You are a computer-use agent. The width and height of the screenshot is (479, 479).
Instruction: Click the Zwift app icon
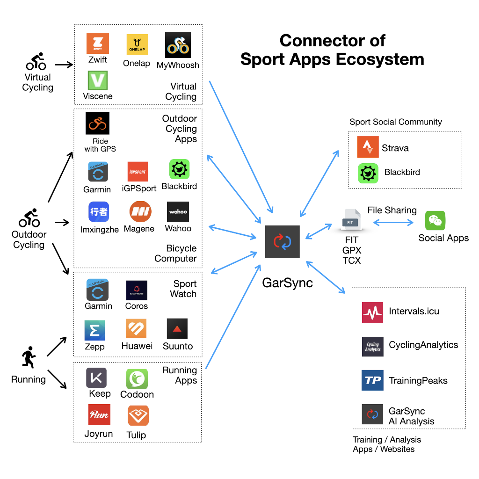98,44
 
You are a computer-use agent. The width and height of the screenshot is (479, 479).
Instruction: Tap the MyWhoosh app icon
178,45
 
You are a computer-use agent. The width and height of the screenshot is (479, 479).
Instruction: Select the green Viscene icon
98,80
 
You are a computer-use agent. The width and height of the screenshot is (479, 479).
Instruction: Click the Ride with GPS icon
97,123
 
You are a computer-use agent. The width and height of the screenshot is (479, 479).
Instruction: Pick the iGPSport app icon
138,172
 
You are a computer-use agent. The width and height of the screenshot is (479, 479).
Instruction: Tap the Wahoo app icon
178,212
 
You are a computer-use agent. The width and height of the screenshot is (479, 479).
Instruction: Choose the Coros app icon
137,290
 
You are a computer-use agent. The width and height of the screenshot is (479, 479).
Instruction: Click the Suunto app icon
177,329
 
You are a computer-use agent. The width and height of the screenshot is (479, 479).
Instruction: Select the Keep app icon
96,377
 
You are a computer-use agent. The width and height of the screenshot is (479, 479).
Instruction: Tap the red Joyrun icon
99,414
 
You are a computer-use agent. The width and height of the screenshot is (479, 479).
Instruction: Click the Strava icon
368,147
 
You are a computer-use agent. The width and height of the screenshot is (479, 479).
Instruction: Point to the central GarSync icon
282,241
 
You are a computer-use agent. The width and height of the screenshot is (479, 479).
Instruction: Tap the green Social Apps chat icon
435,221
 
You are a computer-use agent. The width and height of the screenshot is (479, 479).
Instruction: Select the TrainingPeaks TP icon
372,380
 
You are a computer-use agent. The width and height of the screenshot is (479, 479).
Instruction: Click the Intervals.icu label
414,311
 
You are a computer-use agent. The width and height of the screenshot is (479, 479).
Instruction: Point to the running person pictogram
28,358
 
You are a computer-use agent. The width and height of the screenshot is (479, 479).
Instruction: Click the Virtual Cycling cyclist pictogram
36,62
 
